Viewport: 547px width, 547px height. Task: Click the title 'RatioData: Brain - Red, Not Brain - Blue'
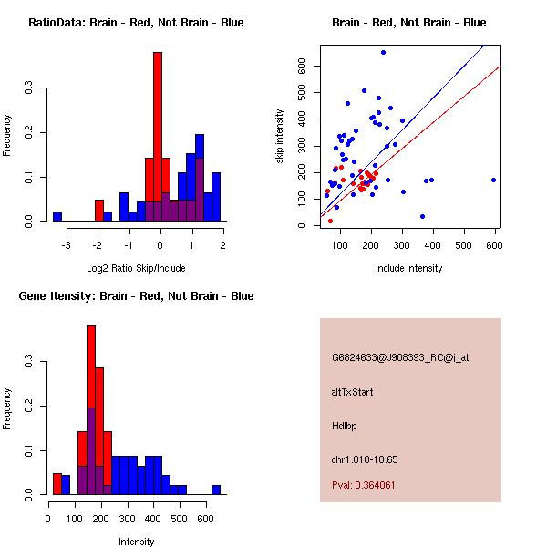click(x=136, y=23)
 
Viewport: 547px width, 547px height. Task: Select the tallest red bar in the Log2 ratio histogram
click(x=157, y=137)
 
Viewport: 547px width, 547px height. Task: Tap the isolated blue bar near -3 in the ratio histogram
click(x=57, y=216)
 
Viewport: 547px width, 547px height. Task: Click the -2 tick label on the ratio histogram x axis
click(x=98, y=245)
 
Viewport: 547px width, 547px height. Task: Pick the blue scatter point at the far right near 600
click(x=493, y=180)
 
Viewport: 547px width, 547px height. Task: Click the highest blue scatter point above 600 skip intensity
click(x=383, y=52)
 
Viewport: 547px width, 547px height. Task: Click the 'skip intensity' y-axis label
click(x=281, y=137)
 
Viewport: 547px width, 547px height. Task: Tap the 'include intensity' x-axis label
click(x=409, y=268)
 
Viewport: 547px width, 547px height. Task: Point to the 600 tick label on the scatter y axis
click(x=300, y=66)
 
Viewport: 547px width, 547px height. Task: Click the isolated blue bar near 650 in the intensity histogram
click(x=216, y=489)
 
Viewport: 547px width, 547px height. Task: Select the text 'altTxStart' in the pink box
click(x=353, y=392)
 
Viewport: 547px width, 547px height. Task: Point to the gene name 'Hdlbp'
click(x=345, y=426)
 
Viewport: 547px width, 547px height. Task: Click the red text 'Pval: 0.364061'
click(x=364, y=485)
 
